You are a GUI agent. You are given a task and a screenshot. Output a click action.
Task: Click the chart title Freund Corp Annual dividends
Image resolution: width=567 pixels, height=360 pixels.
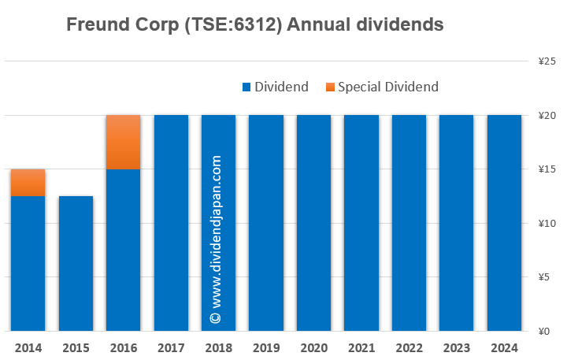[255, 25]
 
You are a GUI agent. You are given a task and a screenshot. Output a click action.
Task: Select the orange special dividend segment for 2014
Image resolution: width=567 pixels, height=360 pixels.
[28, 183]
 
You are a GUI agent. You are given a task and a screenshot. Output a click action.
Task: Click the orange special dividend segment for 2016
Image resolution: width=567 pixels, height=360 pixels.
[123, 142]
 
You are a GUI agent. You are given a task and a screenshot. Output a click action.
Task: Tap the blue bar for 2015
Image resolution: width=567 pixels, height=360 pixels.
[76, 264]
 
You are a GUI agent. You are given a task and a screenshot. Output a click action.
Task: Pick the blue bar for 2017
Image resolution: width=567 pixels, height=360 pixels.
[171, 223]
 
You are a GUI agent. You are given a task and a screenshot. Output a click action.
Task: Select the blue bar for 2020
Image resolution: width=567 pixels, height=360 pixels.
[313, 223]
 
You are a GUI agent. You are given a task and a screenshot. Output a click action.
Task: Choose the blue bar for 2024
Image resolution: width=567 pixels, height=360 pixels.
[504, 223]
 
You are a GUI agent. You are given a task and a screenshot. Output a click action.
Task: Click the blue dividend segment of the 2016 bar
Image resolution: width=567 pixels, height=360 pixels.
[123, 251]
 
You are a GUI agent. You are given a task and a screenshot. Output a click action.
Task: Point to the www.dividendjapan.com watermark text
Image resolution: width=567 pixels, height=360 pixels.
[217, 236]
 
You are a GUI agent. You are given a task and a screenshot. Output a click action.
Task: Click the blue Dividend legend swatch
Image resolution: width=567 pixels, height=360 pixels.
[246, 87]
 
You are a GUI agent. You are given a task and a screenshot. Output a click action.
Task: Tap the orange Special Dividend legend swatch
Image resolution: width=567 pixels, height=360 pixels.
[329, 87]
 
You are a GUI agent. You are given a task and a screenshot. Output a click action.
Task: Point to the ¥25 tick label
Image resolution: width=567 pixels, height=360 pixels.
[548, 61]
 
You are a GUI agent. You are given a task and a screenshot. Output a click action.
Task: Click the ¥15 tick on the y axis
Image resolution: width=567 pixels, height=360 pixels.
[548, 169]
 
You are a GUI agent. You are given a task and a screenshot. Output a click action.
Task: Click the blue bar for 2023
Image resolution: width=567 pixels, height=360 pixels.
[456, 223]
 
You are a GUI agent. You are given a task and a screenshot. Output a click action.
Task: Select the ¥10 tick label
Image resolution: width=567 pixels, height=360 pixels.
[548, 223]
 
